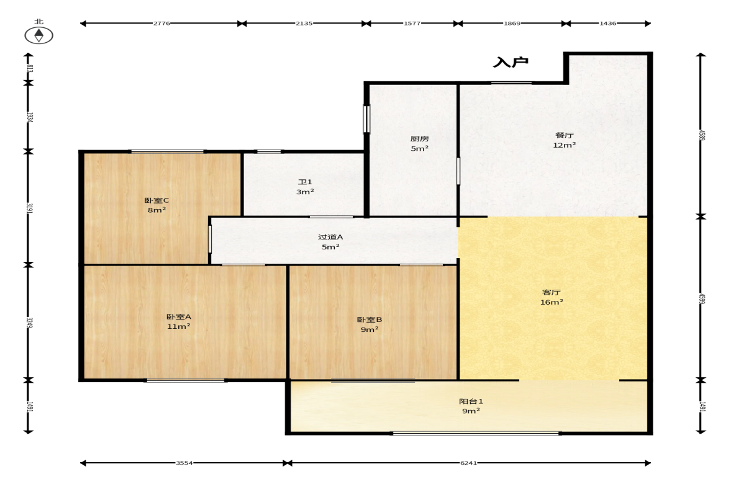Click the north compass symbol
(39, 35)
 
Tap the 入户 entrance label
(511, 62)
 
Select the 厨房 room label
(420, 139)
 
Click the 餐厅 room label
(564, 135)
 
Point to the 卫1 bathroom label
(305, 182)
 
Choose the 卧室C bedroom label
(157, 200)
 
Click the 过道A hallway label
(330, 237)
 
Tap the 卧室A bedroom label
(178, 316)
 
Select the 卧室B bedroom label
(370, 320)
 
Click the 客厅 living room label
(552, 292)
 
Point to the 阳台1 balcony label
(471, 401)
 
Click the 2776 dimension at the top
(161, 24)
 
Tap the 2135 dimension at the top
(304, 24)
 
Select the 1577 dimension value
(412, 24)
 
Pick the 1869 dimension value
(512, 24)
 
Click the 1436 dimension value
(608, 24)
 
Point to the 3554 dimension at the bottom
(184, 463)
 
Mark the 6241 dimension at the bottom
(468, 463)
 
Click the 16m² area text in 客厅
(552, 302)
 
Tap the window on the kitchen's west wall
(366, 119)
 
